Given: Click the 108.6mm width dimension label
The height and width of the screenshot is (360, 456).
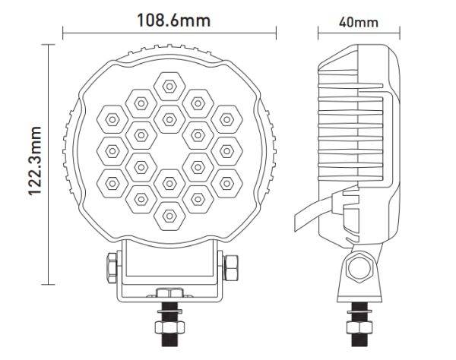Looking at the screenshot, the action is tap(173, 21).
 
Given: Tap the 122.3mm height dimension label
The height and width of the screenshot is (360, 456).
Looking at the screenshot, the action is tap(35, 161).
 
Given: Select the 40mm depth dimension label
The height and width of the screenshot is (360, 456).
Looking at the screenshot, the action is tap(359, 22).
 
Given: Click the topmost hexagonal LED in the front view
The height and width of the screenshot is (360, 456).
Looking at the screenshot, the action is tap(169, 87).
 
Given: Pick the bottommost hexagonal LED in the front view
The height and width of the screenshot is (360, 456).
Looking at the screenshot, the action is tap(169, 216).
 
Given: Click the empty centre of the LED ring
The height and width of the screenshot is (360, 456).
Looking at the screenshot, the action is tap(169, 151).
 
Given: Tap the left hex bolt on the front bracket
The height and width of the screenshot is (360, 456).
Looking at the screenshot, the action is tap(112, 268).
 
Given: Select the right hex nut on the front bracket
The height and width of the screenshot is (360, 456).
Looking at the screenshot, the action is tap(231, 267).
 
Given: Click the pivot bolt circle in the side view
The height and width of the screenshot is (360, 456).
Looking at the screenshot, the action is tap(359, 268).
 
